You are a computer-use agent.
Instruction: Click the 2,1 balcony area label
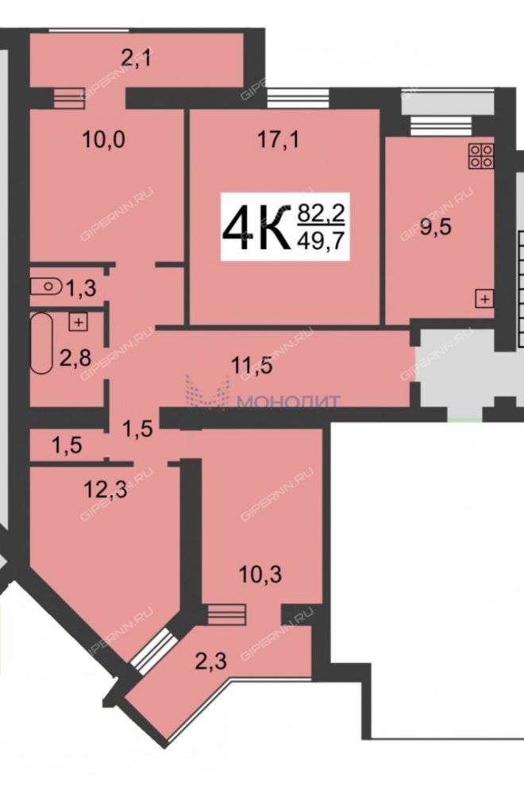pyautogui.click(x=137, y=60)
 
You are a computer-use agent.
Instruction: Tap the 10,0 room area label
pyautogui.click(x=103, y=139)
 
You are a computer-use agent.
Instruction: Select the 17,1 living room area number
pyautogui.click(x=279, y=139)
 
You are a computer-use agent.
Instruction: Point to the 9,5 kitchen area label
pyautogui.click(x=437, y=228)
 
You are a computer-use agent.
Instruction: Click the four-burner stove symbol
pyautogui.click(x=481, y=156)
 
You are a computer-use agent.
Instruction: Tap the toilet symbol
pyautogui.click(x=45, y=286)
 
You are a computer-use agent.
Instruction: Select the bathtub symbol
pyautogui.click(x=41, y=343)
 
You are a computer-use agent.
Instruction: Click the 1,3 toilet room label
pyautogui.click(x=81, y=289)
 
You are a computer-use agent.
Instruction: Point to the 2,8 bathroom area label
pyautogui.click(x=75, y=345)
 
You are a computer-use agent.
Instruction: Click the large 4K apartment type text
pyautogui.click(x=256, y=227)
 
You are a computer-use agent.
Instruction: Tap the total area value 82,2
pyautogui.click(x=321, y=213)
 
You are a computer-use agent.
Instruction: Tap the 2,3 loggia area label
pyautogui.click(x=210, y=661)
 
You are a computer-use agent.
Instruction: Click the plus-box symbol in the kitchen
pyautogui.click(x=484, y=299)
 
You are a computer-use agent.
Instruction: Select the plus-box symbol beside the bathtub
pyautogui.click(x=78, y=322)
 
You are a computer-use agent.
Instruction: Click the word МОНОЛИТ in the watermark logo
pyautogui.click(x=289, y=402)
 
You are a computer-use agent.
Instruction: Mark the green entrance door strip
pyautogui.click(x=464, y=420)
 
